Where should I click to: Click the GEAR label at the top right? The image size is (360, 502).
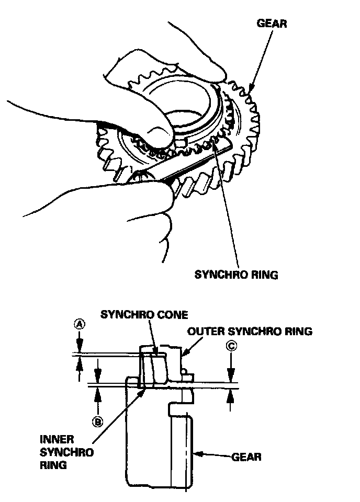point(272,24)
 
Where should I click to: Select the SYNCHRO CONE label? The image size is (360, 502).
point(144,314)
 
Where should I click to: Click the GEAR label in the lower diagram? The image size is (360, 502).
point(246,457)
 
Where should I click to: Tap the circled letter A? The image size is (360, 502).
point(78,324)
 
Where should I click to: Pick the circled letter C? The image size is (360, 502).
point(230,346)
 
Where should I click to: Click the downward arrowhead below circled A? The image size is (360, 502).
point(78,349)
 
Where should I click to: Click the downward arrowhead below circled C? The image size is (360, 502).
point(230,376)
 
